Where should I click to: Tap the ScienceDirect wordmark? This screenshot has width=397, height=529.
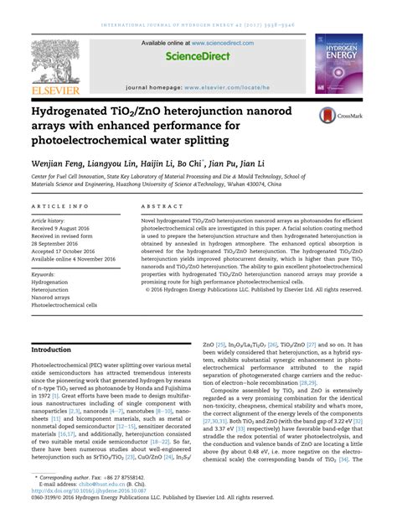tap(198, 57)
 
